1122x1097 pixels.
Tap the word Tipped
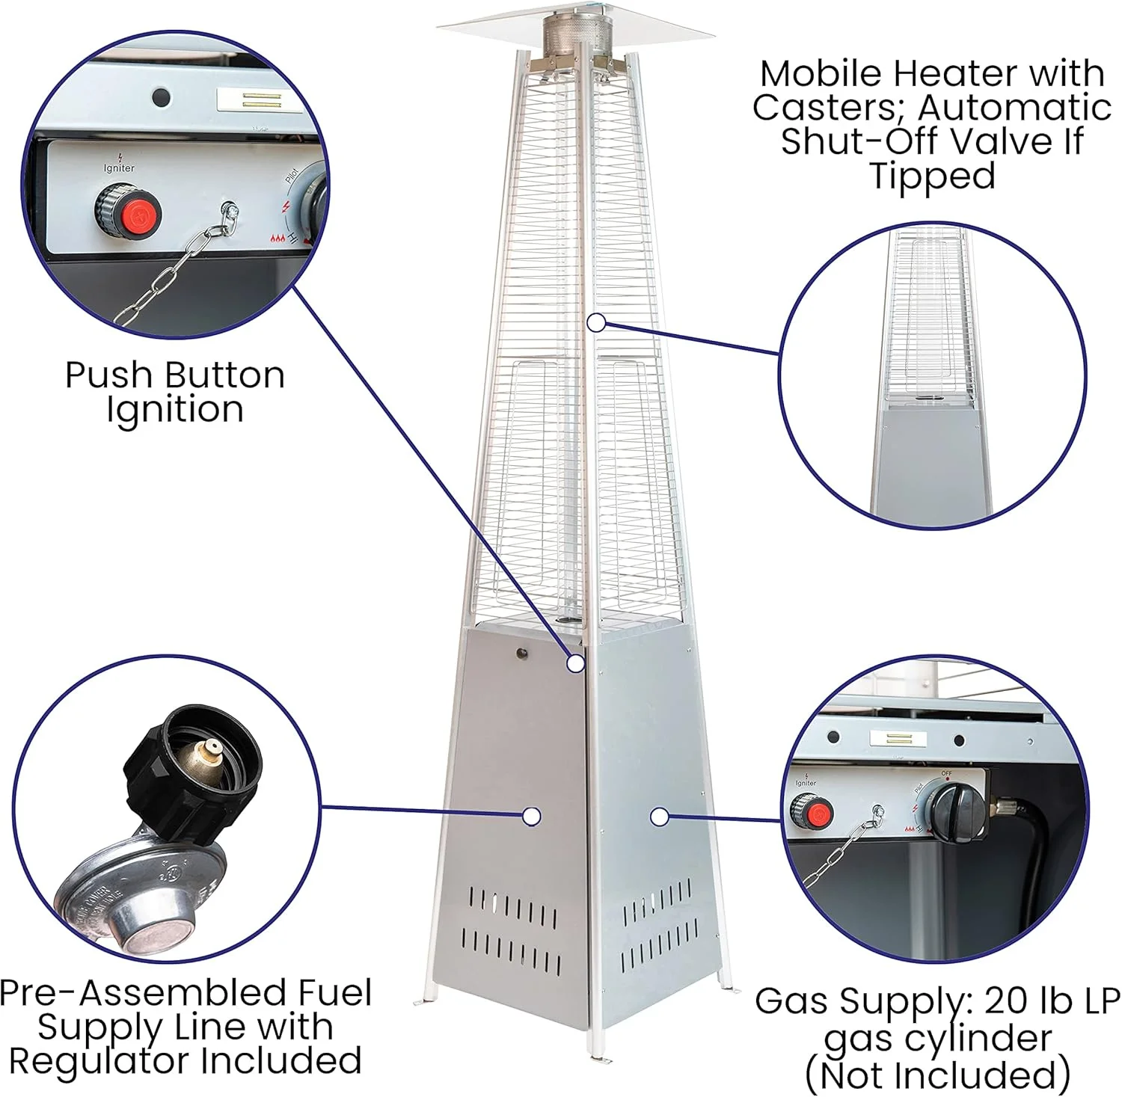[932, 177]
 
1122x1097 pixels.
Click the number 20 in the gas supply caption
[1005, 1001]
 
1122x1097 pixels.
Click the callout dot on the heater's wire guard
[596, 322]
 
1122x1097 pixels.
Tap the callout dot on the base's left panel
[532, 817]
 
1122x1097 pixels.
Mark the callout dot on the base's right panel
[659, 817]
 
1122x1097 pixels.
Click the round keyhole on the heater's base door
[521, 654]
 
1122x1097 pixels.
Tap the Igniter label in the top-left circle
[119, 168]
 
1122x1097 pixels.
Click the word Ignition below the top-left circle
[175, 411]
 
